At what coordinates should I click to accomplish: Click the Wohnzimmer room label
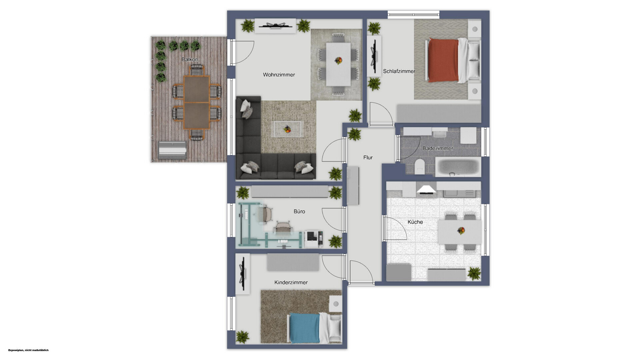point(279,75)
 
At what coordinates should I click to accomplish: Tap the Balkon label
point(190,59)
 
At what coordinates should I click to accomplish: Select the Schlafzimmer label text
point(399,71)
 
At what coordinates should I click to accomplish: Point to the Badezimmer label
point(438,148)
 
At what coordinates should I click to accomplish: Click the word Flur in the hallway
point(368,157)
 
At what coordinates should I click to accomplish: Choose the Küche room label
point(415,222)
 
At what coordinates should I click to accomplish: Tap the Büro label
point(299,211)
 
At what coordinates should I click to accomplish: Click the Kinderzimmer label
point(291,282)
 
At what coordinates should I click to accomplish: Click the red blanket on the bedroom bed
point(443,60)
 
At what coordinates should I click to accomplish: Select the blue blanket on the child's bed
point(304,328)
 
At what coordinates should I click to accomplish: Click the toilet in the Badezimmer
point(420,166)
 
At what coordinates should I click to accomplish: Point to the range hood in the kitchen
point(426,190)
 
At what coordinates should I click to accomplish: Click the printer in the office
point(314,239)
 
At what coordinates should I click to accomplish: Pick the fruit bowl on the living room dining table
point(338,61)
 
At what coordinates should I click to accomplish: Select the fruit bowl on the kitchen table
point(461,230)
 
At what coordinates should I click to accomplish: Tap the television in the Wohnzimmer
point(275,26)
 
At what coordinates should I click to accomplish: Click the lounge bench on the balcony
point(172,150)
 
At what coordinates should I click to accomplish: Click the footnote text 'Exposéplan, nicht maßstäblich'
point(28,350)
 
